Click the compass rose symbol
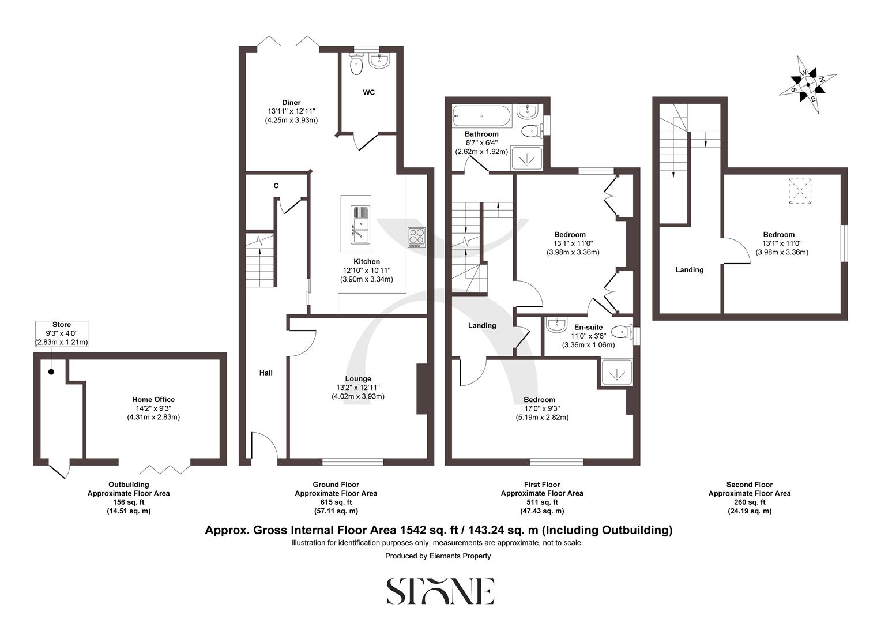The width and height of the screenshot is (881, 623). (x=808, y=85)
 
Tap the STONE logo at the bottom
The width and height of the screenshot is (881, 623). (x=440, y=591)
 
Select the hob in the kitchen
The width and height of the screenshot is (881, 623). (x=417, y=238)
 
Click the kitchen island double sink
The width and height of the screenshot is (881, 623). (x=359, y=223)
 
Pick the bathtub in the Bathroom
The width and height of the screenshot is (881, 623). (x=481, y=117)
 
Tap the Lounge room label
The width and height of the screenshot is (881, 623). (x=357, y=379)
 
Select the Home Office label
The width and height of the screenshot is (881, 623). (x=153, y=399)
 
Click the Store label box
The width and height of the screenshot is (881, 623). (x=62, y=333)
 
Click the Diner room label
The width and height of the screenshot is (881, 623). (x=291, y=103)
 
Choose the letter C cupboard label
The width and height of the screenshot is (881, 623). (x=276, y=186)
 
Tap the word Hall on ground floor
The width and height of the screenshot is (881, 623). (x=266, y=373)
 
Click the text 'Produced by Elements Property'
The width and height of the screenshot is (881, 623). (x=438, y=556)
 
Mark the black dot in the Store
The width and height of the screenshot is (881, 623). (x=51, y=371)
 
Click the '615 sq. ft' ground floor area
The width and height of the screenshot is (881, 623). (x=336, y=502)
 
